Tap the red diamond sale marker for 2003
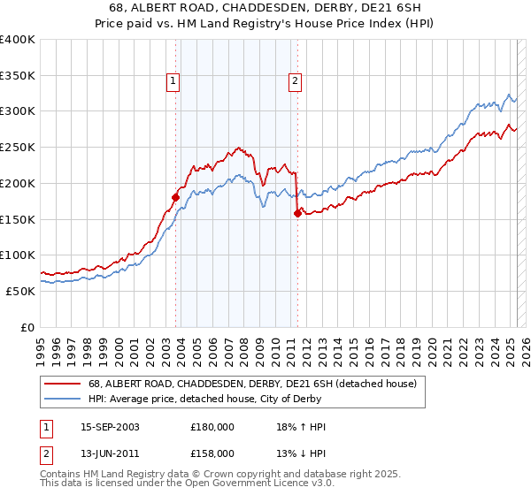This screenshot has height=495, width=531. pos(175,197)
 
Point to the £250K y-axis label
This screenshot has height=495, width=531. pos(18,147)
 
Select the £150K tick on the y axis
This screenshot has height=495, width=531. pos(18,218)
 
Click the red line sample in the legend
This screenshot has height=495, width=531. pos(62,384)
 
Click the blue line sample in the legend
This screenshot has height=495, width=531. pos(62,399)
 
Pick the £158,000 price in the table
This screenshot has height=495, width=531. pos(212,453)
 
